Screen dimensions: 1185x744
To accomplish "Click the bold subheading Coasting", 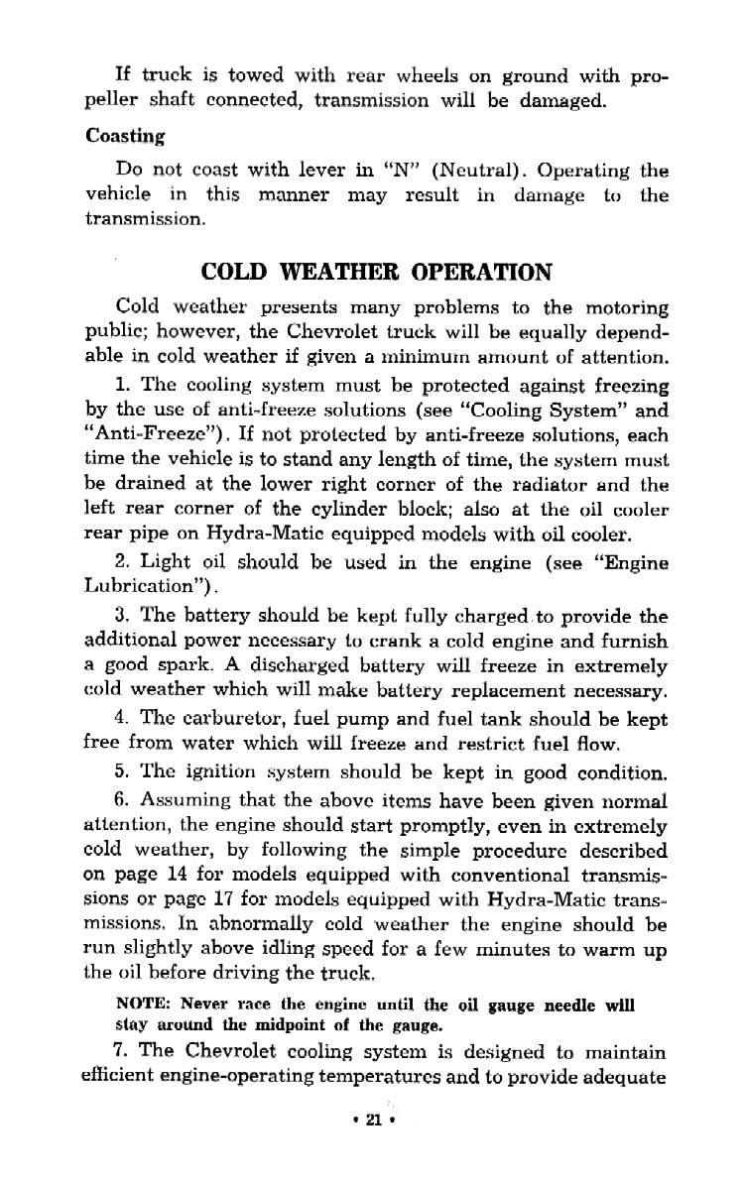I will point(125,136).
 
